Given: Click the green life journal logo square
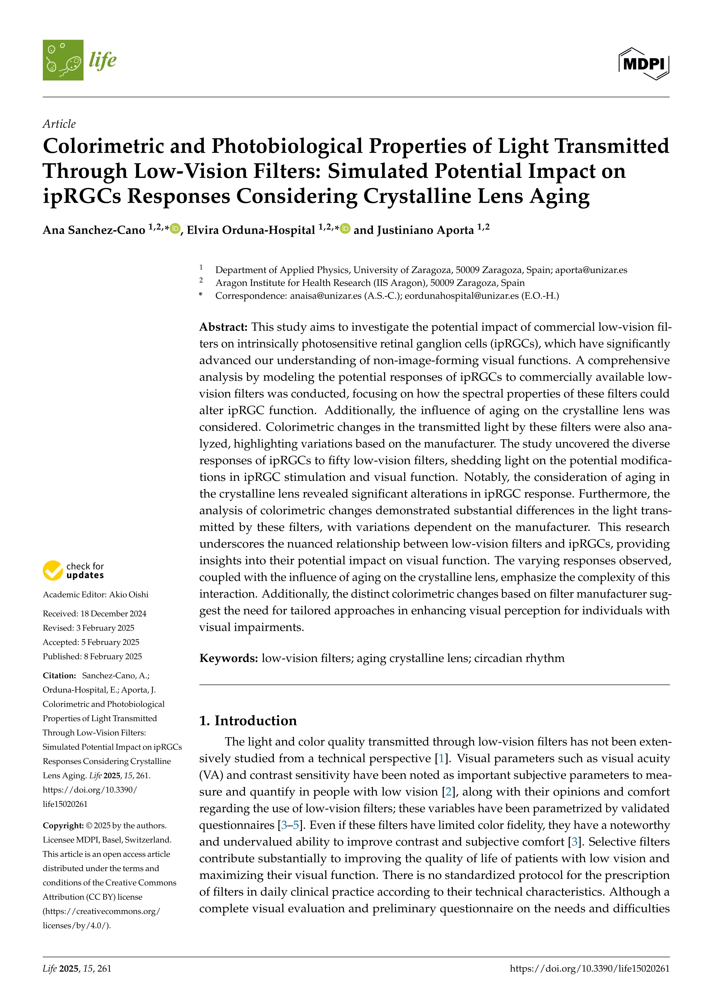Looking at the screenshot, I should tap(63, 60).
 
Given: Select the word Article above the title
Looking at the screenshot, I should tap(59, 124).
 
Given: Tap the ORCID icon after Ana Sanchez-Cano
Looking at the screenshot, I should tap(175, 229).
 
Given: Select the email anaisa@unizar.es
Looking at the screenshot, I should tap(325, 296).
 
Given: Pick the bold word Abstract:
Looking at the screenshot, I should tap(223, 327).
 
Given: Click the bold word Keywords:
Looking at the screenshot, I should tap(228, 658).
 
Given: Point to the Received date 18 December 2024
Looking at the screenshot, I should tap(113, 614).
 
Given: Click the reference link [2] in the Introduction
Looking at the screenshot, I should tap(448, 792).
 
